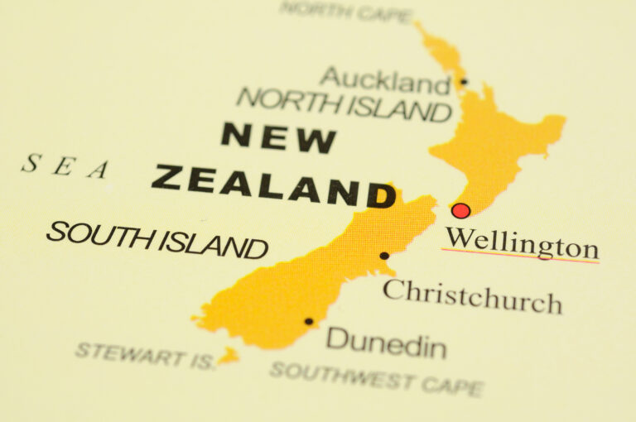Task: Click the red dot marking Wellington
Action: coord(461,210)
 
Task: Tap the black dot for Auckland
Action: coord(464,82)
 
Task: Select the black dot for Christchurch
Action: coord(384,256)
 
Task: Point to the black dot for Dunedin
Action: coord(309,321)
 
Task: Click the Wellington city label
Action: coord(521,244)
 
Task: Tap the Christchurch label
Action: coord(472,295)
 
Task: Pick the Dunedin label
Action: coord(386,342)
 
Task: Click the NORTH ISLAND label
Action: coord(344,103)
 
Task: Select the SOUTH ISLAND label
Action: coord(157,239)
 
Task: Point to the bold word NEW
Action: coord(278,137)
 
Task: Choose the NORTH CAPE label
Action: coord(345,12)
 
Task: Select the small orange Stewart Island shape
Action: coord(229,357)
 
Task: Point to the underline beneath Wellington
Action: coord(520,256)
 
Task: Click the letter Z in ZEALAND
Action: coord(166,177)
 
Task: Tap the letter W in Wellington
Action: coord(458,239)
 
